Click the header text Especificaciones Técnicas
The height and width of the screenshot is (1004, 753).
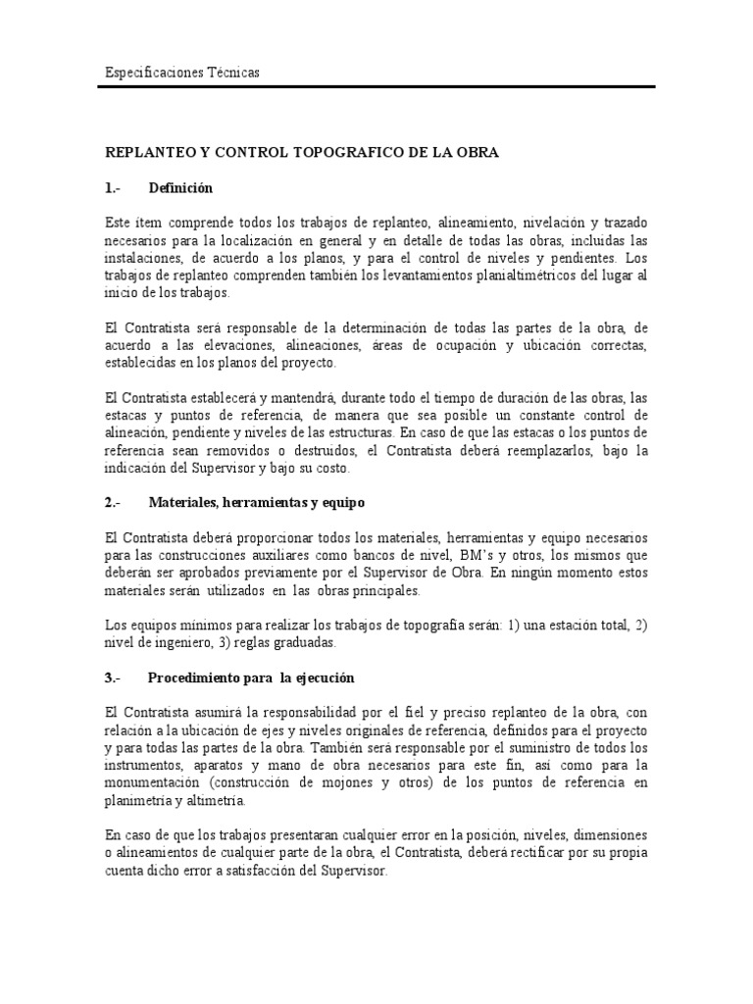tap(181, 74)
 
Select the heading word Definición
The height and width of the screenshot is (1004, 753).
tap(180, 187)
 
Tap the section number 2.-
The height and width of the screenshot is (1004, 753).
tap(112, 502)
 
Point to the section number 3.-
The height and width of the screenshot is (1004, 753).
tap(112, 678)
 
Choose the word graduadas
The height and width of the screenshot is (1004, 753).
tap(302, 643)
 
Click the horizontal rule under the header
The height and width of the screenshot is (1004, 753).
tap(377, 87)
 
